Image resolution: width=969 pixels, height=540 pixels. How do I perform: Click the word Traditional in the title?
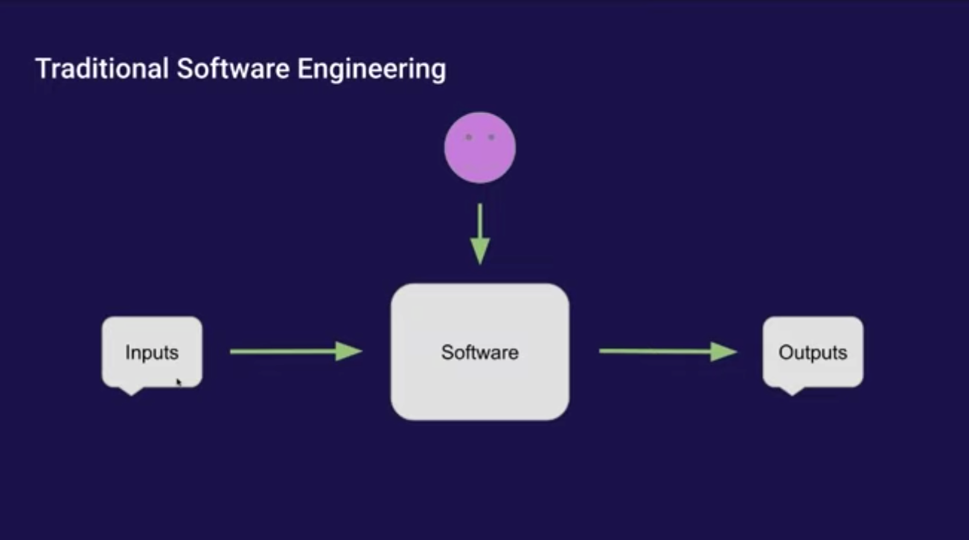coord(101,69)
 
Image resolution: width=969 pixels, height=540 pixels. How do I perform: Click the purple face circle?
coord(480,147)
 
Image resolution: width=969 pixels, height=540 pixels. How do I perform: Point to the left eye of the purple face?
coord(468,137)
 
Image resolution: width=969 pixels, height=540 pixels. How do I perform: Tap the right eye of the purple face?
coord(491,137)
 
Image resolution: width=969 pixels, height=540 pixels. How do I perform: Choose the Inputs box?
coord(152,351)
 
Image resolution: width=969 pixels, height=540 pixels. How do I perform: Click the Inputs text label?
coord(152,353)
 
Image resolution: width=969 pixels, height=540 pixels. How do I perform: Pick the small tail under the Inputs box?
coord(131,390)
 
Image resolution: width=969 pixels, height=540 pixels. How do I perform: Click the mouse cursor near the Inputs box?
coord(179,382)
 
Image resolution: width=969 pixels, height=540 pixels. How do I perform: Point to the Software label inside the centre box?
coord(480,352)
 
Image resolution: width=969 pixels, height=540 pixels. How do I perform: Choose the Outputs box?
coord(813,351)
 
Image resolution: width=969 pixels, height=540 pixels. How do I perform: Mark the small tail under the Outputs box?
coord(790,390)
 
